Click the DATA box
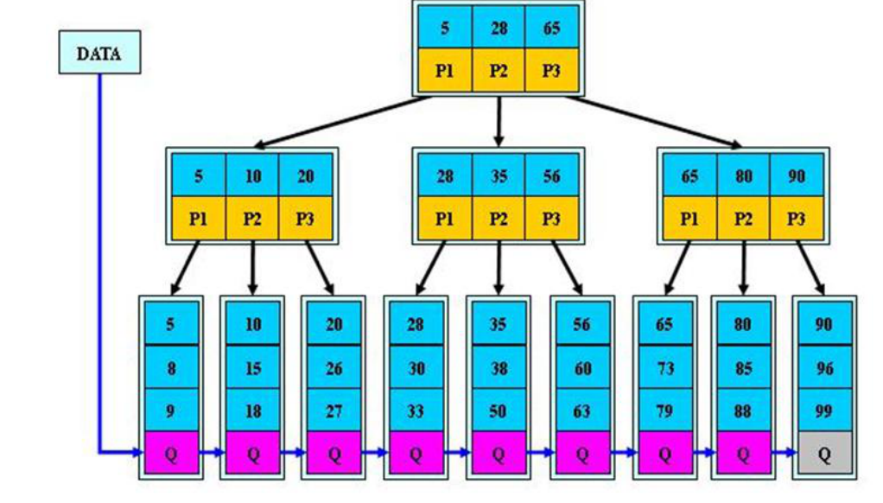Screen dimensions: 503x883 coord(99,53)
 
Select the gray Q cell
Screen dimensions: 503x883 coord(823,453)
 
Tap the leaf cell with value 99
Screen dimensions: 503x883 coord(823,411)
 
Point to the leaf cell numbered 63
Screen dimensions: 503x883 coord(581,411)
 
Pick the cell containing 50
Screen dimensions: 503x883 coord(498,411)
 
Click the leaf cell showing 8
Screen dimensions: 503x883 coord(170,368)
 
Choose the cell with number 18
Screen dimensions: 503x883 coord(252,411)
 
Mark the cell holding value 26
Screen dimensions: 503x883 coord(334,368)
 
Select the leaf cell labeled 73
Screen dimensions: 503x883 coord(664,368)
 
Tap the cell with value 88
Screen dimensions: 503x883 coord(742,411)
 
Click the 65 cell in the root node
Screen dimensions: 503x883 coord(551,28)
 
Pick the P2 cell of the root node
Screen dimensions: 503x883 coord(499,71)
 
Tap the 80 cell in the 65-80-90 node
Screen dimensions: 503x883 coord(743,176)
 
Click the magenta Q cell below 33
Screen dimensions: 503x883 coord(416,453)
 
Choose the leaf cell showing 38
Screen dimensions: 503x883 coord(498,368)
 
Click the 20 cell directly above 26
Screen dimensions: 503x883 coord(334,325)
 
